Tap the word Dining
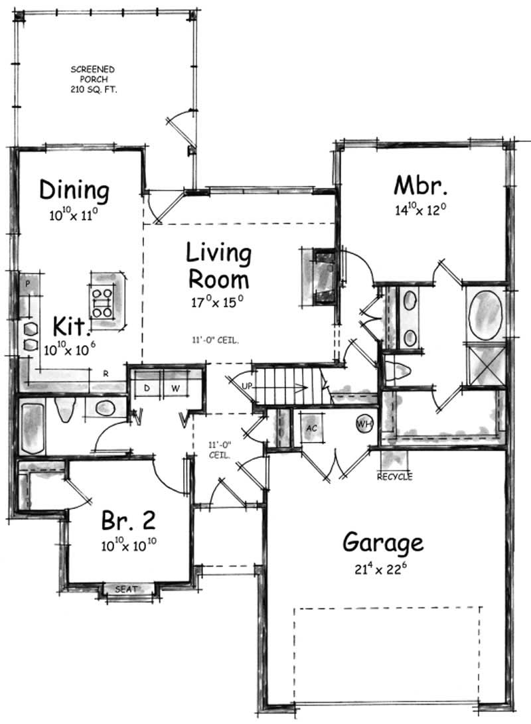74,190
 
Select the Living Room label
218,265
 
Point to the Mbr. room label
419,184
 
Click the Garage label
383,543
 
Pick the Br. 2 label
129,520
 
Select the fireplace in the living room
323,275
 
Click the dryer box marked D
147,386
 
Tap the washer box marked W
176,386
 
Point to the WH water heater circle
364,423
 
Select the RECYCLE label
394,476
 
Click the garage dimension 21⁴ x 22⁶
382,568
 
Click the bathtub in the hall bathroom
31,427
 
